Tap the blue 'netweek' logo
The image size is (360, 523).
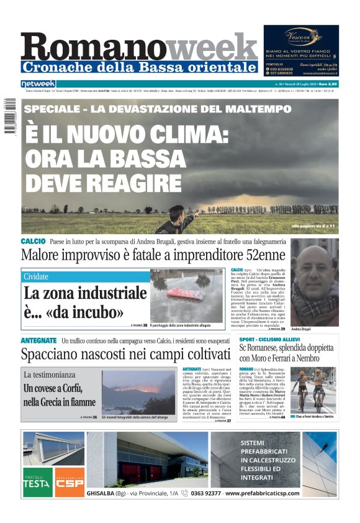pos(38,84)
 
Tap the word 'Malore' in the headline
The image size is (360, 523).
pos(45,255)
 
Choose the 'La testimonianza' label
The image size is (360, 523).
pos(49,375)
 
